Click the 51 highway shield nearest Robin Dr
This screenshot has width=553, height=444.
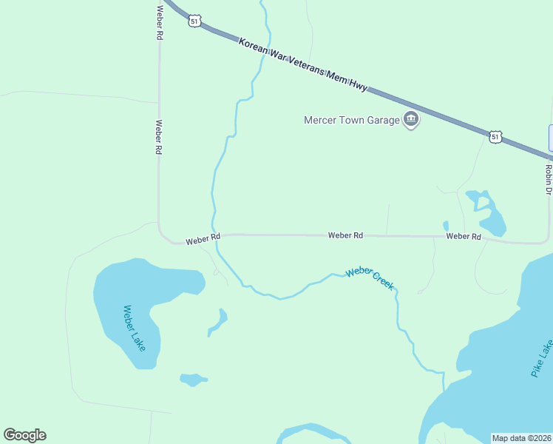click(495, 136)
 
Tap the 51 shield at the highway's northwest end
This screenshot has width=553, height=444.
click(194, 21)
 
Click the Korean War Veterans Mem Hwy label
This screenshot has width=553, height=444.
click(303, 64)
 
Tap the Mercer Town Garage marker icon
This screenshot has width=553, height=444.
click(411, 119)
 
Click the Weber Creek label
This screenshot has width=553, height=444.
click(370, 277)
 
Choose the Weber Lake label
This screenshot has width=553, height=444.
click(135, 328)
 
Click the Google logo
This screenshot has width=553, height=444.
click(24, 435)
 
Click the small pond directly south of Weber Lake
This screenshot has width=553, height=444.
click(193, 380)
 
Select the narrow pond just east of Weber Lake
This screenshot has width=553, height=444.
click(218, 321)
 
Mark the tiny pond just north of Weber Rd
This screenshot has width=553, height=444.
click(446, 226)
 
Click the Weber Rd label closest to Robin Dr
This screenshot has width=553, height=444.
click(464, 236)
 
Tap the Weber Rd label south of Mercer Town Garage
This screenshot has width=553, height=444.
click(345, 235)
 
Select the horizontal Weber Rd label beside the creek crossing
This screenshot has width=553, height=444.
click(203, 239)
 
